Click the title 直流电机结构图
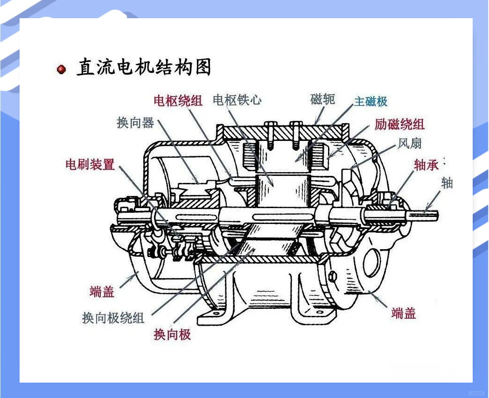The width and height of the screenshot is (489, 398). pyautogui.click(x=144, y=68)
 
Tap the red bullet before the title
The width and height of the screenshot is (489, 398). pyautogui.click(x=61, y=70)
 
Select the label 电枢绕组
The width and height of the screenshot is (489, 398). pyautogui.click(x=178, y=100)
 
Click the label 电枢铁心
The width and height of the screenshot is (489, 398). pyautogui.click(x=237, y=100)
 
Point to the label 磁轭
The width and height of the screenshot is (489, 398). pyautogui.click(x=322, y=99)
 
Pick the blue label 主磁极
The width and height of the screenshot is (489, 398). pyautogui.click(x=370, y=101)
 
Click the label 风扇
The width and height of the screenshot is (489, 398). pyautogui.click(x=410, y=143)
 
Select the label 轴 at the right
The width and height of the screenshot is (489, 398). pyautogui.click(x=447, y=183)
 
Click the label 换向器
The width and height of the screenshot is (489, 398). pyautogui.click(x=135, y=123)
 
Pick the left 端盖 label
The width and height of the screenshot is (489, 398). pyautogui.click(x=102, y=292)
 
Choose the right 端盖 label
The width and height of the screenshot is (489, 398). pyautogui.click(x=403, y=313)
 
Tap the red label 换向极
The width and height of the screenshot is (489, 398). pyautogui.click(x=172, y=334)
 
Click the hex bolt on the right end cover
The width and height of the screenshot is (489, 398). pyautogui.click(x=332, y=276)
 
